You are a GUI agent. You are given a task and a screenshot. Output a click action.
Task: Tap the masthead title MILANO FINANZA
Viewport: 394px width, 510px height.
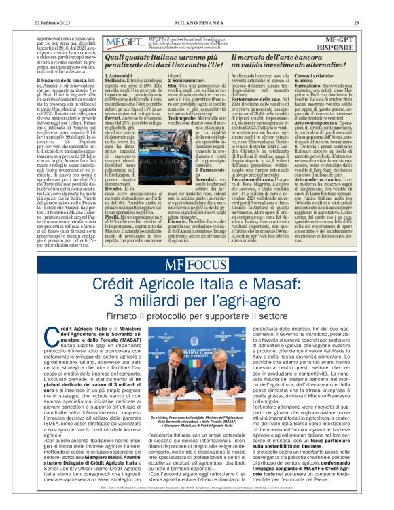click(196, 5)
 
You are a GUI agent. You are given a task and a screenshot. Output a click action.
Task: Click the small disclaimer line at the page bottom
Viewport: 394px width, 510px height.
click(197, 504)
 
